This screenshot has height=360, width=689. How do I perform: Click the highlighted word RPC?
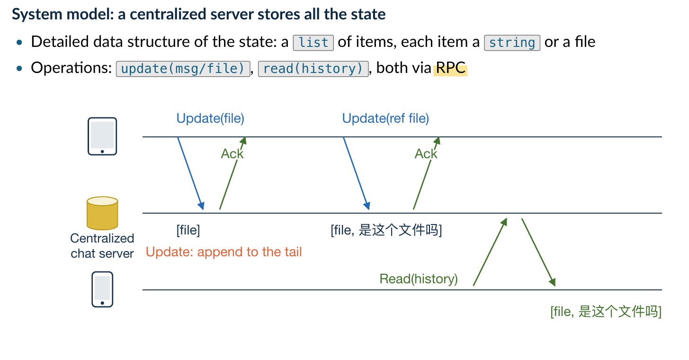[x=450, y=68]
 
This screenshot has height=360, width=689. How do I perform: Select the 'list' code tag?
[x=313, y=43]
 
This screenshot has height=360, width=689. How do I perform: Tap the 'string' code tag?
[x=512, y=43]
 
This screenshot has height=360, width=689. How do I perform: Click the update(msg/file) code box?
[x=183, y=69]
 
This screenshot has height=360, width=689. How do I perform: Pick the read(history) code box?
[x=313, y=69]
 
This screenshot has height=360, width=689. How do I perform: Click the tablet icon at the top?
[x=102, y=136]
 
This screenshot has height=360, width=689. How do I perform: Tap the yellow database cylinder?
[x=102, y=213]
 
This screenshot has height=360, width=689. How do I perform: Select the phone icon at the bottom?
[x=102, y=289]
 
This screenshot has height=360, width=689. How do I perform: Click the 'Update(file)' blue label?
[x=210, y=118]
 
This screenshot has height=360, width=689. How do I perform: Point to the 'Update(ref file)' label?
[x=385, y=118]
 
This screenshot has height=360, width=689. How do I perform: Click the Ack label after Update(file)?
[x=232, y=153]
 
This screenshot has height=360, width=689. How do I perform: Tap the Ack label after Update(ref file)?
[x=426, y=153]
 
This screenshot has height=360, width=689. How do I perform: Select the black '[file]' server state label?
[x=188, y=230]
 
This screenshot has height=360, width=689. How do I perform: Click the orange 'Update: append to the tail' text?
[x=224, y=252]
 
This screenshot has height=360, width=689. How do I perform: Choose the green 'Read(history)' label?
[x=418, y=279]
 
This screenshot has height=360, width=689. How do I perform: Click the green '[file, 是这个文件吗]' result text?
[x=606, y=311]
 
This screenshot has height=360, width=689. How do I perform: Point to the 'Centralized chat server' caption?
[x=102, y=246]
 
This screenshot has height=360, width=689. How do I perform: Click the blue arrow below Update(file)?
[x=191, y=173]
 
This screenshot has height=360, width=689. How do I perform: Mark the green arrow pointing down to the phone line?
[x=538, y=252]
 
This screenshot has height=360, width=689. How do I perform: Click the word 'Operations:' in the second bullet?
[x=72, y=68]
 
